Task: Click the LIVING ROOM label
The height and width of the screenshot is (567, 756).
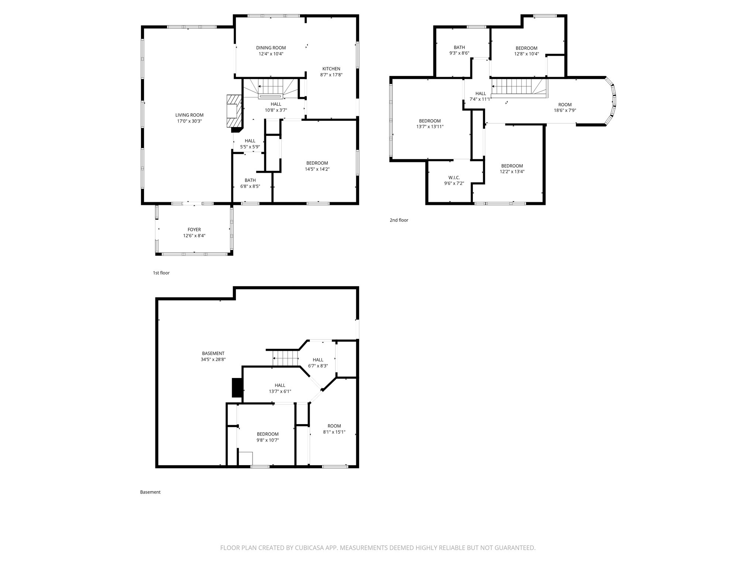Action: (x=189, y=115)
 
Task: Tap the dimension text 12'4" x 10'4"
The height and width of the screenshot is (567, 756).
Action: (x=271, y=54)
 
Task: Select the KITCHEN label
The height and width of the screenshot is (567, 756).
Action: (x=331, y=69)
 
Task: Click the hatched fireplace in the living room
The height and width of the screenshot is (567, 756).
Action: (x=234, y=111)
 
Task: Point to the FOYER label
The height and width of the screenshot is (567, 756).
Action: (x=194, y=230)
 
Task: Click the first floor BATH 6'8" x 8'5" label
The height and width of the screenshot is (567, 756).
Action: (x=250, y=180)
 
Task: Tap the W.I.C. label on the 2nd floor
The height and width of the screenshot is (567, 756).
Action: (x=454, y=178)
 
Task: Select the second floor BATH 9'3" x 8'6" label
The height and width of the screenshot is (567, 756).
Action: (x=459, y=47)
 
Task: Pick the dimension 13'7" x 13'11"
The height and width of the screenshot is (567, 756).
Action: (x=430, y=127)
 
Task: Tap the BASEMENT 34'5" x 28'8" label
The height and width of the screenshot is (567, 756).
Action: (x=213, y=353)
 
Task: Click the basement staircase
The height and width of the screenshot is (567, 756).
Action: (x=285, y=358)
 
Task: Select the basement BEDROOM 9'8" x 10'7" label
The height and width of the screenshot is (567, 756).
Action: (x=268, y=434)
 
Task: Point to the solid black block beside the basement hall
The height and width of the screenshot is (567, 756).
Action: (x=236, y=388)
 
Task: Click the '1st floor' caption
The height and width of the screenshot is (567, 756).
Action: (x=161, y=273)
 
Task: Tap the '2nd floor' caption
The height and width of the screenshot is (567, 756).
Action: (x=399, y=220)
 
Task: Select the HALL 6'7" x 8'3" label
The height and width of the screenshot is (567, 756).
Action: (x=318, y=360)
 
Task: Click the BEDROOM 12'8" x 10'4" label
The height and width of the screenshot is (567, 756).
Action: (x=526, y=48)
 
